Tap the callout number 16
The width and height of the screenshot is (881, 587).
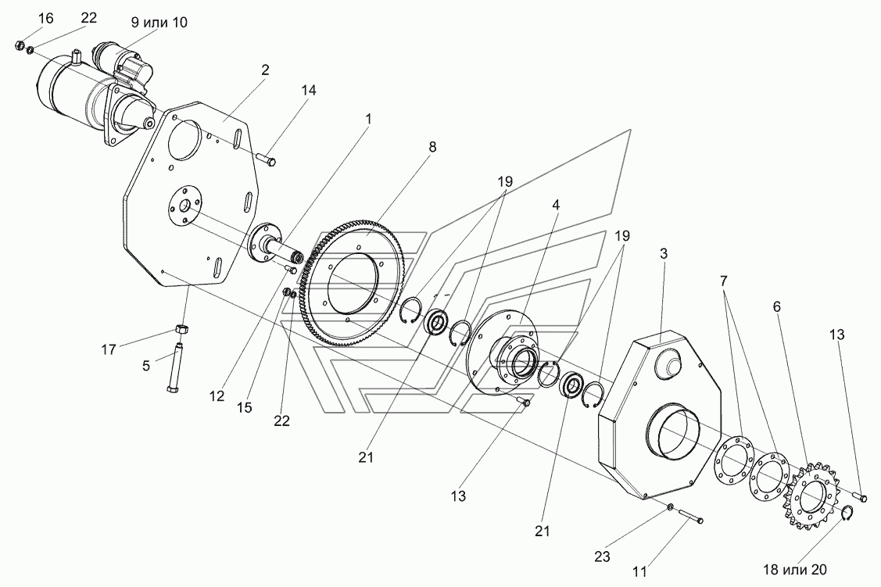click(24, 18)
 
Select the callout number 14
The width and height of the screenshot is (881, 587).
click(308, 91)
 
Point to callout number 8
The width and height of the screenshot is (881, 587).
click(432, 146)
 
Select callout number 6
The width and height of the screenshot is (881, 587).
click(776, 307)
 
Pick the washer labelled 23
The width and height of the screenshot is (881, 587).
click(670, 509)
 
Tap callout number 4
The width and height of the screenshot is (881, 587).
click(555, 206)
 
